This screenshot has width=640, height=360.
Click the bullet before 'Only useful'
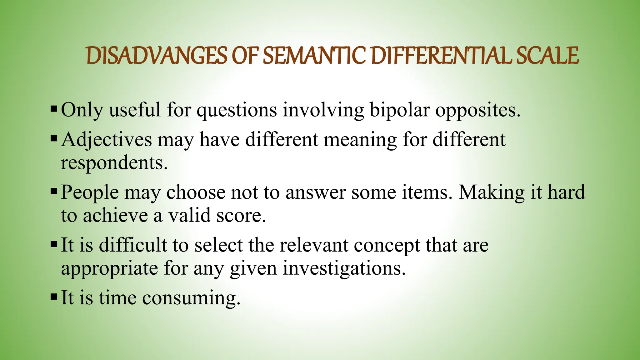[x=53, y=109]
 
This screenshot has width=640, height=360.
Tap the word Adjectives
[x=107, y=140]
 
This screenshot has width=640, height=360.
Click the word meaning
[x=360, y=140]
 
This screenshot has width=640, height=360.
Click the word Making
[x=491, y=192]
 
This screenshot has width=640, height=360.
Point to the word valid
[x=190, y=215]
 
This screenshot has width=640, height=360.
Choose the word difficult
[x=133, y=244]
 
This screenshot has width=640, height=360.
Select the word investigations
[x=344, y=268]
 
